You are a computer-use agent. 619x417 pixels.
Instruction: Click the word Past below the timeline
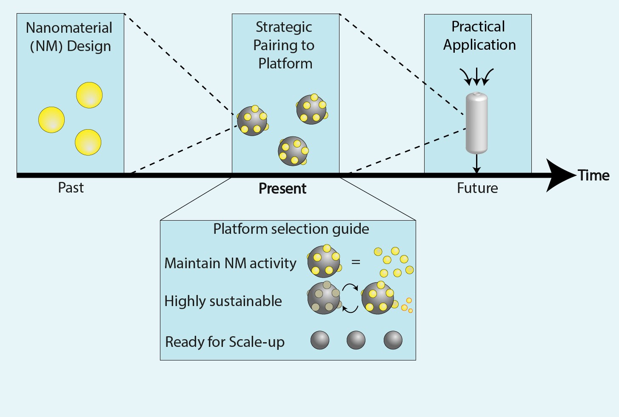click(71, 188)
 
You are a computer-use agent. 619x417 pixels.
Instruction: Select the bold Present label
click(282, 188)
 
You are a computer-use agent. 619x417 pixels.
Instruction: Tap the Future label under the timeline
click(477, 188)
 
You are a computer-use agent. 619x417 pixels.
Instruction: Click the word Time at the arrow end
click(593, 176)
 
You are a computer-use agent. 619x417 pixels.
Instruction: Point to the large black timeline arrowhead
click(559, 175)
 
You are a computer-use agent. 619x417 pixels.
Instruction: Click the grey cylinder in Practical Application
click(476, 123)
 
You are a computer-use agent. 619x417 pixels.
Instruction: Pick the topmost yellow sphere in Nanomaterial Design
click(89, 95)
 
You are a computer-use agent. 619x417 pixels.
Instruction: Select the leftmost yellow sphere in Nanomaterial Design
click(51, 120)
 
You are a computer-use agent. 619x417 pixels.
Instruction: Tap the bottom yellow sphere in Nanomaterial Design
click(88, 142)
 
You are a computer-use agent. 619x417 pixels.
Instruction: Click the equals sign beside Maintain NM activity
click(356, 262)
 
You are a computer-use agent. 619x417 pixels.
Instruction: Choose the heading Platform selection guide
click(291, 229)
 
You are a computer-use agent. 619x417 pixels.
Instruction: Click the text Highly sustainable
click(223, 301)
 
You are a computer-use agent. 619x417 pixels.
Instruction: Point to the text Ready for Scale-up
click(225, 342)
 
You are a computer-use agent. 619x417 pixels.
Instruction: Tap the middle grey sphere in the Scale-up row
click(356, 340)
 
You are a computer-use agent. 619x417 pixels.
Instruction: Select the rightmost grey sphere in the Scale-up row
click(393, 340)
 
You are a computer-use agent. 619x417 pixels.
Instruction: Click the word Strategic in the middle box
click(284, 27)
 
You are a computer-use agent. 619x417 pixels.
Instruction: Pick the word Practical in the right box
click(478, 27)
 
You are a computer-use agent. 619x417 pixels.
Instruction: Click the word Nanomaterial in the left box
click(69, 28)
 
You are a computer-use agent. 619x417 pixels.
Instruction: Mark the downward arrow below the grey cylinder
click(476, 163)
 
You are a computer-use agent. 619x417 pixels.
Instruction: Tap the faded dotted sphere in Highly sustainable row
click(324, 298)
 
